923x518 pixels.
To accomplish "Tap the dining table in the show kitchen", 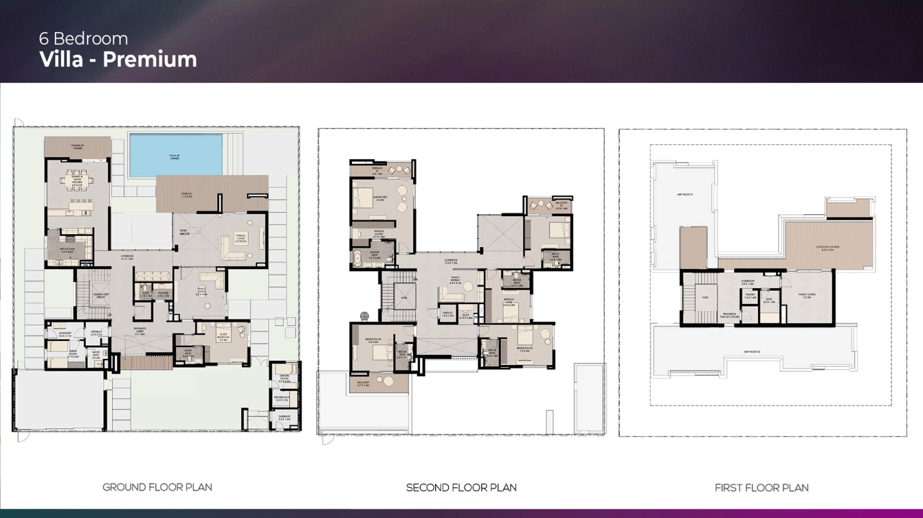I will coord(77,180).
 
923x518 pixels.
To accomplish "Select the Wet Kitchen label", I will coord(67,250).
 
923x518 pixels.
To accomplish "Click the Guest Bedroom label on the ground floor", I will coord(223,336).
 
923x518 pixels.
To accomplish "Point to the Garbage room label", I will coord(284,418).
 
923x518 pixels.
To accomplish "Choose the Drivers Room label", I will coord(284,379).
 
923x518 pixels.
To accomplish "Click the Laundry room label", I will coord(65,334).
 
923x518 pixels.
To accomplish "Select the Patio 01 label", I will coord(187,195).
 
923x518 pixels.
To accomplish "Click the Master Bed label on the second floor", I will coord(380,198).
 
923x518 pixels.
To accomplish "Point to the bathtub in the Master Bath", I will coord(357,257).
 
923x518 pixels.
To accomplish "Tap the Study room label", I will coord(466,316).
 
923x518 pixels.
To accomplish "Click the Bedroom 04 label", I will coord(374,340).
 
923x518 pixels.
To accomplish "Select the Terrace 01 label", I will coord(377,170).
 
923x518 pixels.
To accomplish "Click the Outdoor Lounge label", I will coord(828,248).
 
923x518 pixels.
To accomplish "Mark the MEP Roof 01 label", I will coord(685,195).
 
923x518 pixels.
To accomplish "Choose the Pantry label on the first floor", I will coord(750,296).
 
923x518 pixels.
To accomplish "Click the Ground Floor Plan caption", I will coord(157,487).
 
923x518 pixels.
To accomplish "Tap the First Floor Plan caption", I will coord(761,488).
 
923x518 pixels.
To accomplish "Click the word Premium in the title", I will coord(150,60).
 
